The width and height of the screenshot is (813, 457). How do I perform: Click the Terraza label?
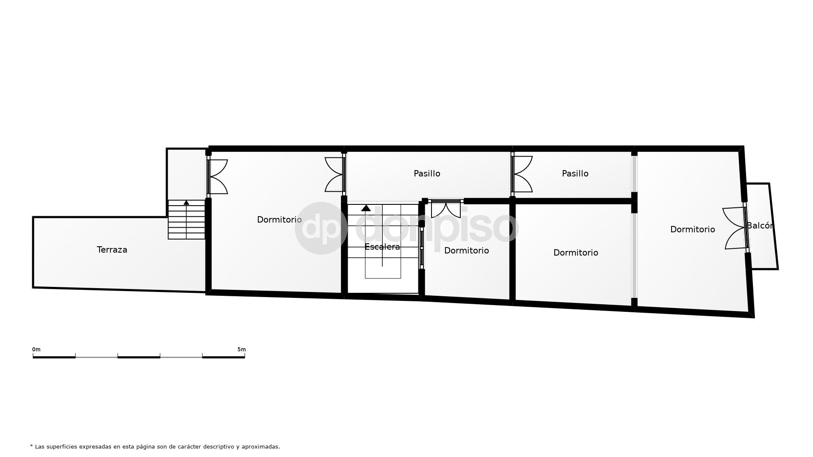pyautogui.click(x=112, y=250)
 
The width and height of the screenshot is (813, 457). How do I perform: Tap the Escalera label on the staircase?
pyautogui.click(x=382, y=247)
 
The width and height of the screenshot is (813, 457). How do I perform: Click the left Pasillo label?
pyautogui.click(x=427, y=173)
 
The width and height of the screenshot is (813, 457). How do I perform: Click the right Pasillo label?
pyautogui.click(x=575, y=173)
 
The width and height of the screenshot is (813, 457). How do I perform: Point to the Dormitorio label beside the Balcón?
pyautogui.click(x=693, y=229)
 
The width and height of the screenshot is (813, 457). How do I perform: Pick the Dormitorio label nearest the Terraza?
pyautogui.click(x=279, y=220)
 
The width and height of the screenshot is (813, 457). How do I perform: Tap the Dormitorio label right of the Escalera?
pyautogui.click(x=467, y=251)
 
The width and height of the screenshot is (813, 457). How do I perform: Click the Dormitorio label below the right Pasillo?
pyautogui.click(x=576, y=253)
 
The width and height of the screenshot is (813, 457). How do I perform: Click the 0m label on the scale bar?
pyautogui.click(x=36, y=350)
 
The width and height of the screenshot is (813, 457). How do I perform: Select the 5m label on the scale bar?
pyautogui.click(x=241, y=350)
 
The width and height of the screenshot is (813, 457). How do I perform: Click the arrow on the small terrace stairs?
pyautogui.click(x=186, y=203)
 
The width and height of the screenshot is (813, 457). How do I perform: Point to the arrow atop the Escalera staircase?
pyautogui.click(x=366, y=208)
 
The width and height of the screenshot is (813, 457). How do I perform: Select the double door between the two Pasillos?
pyautogui.click(x=522, y=174)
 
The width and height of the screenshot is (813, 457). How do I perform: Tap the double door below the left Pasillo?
pyautogui.click(x=446, y=209)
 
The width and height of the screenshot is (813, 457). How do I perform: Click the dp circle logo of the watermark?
pyautogui.click(x=321, y=228)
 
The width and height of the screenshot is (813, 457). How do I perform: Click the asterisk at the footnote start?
pyautogui.click(x=31, y=446)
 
